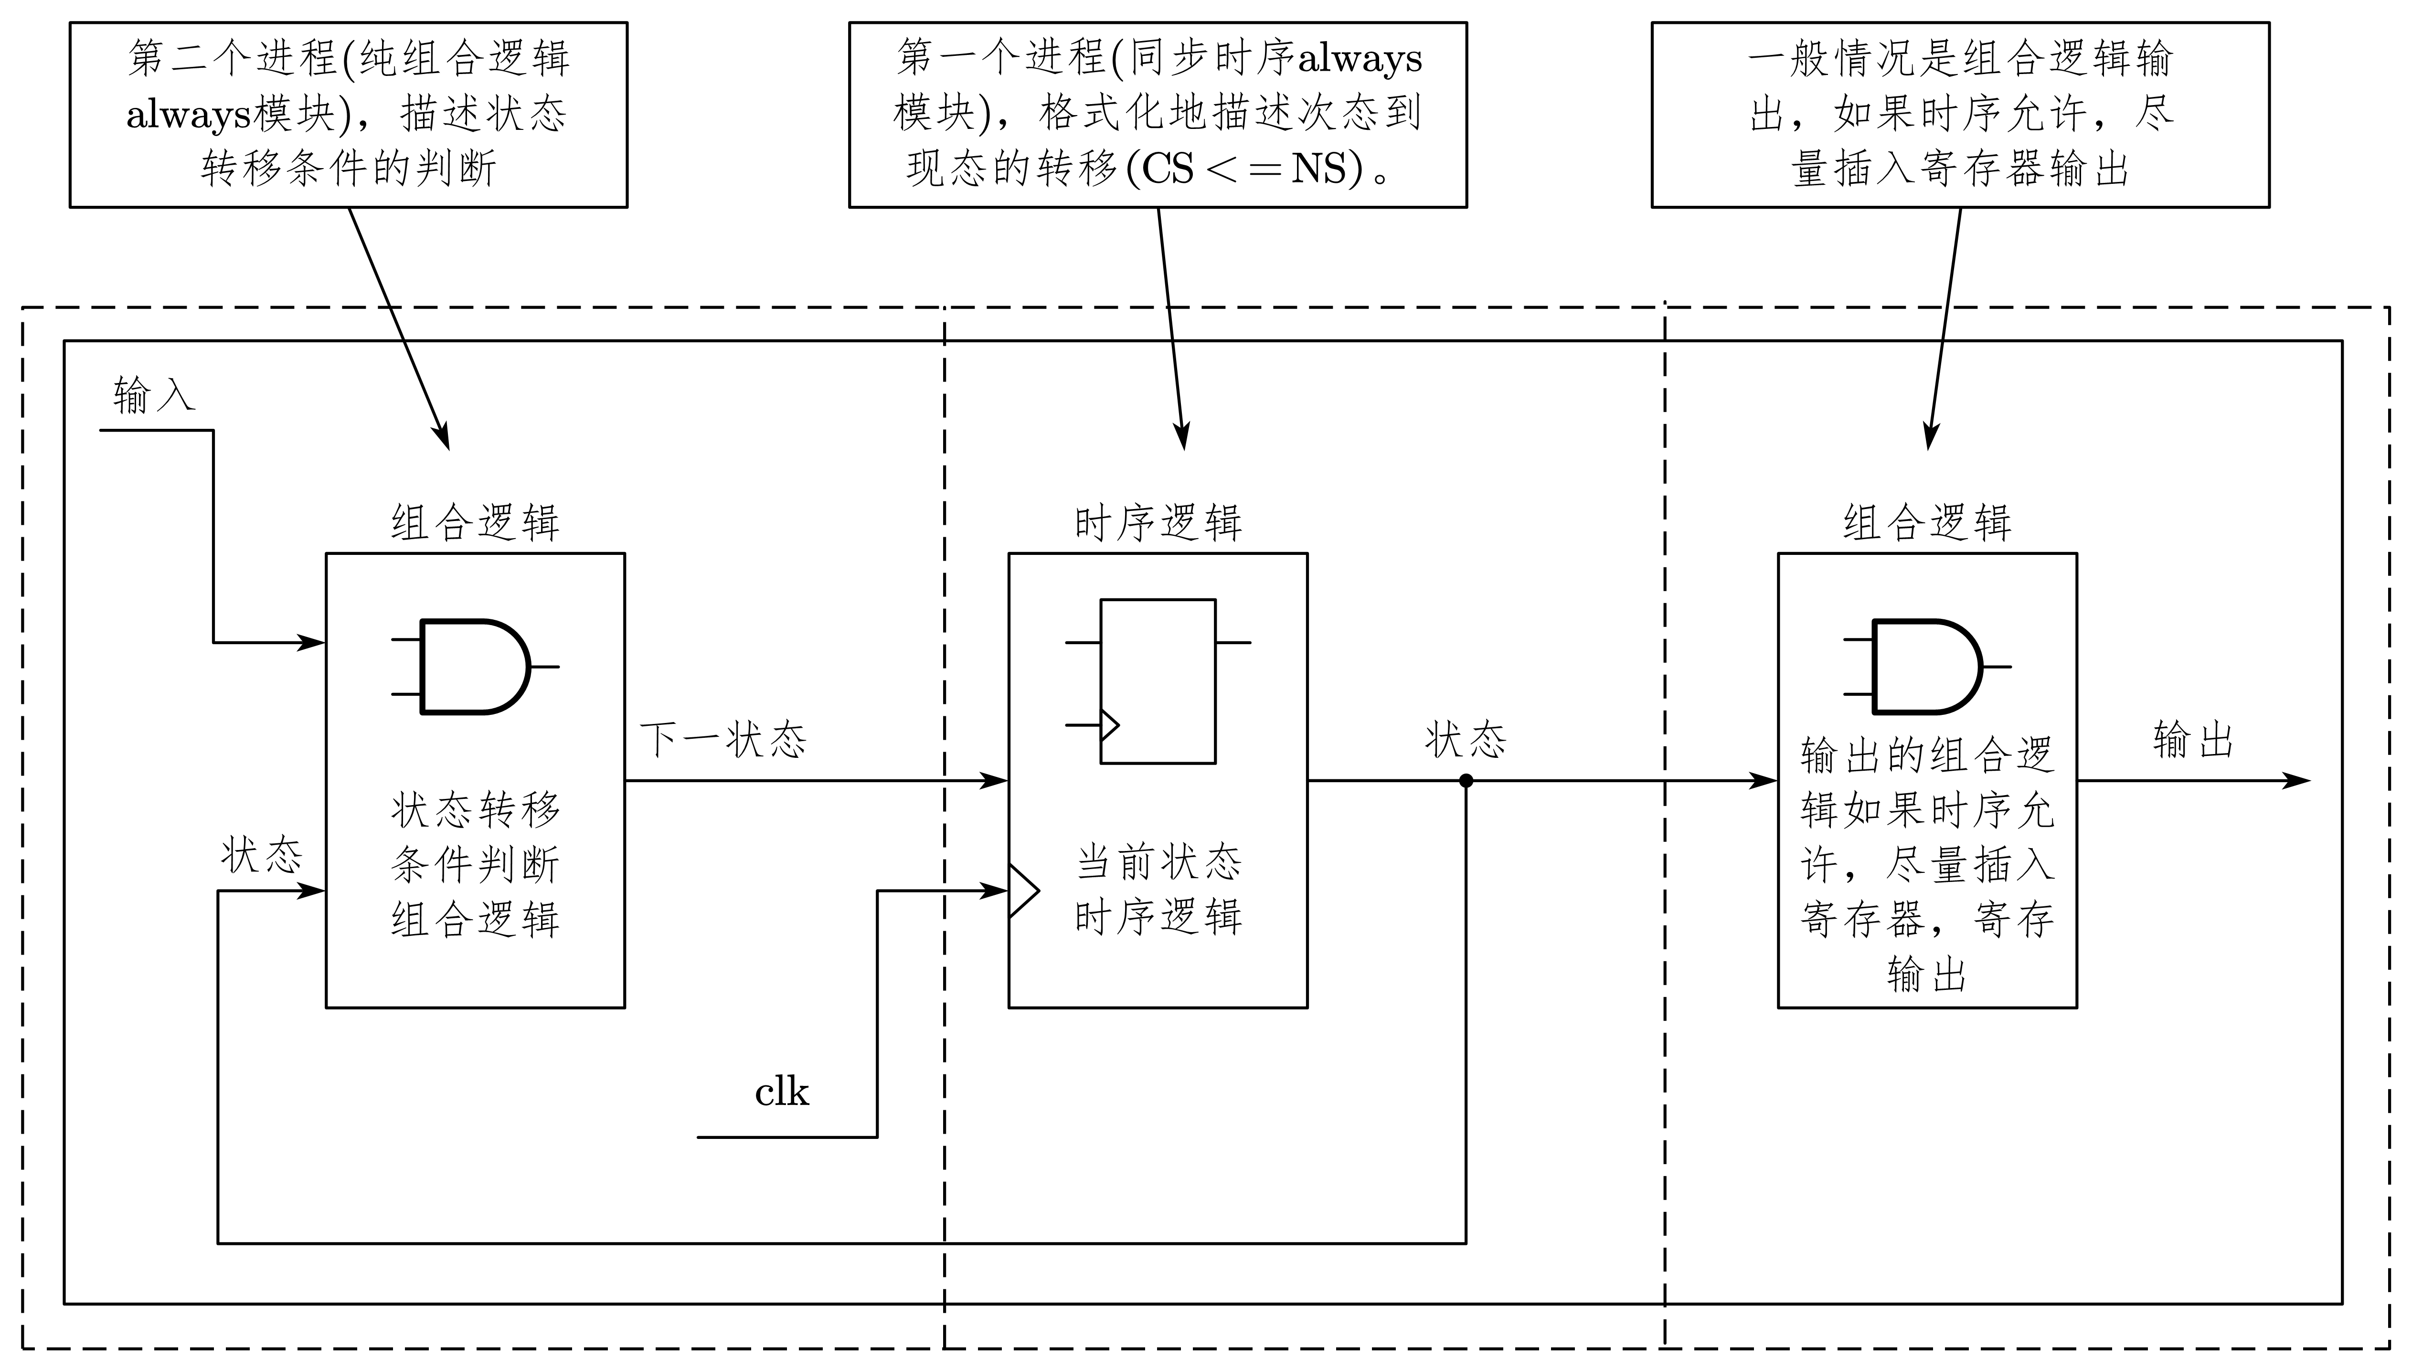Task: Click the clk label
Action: click(781, 1092)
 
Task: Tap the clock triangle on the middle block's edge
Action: click(1022, 890)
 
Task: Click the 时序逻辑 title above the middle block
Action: click(1158, 522)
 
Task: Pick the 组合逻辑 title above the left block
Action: click(476, 522)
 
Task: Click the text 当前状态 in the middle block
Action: click(1158, 862)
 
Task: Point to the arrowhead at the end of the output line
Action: click(2297, 781)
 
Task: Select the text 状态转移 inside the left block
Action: click(476, 810)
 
